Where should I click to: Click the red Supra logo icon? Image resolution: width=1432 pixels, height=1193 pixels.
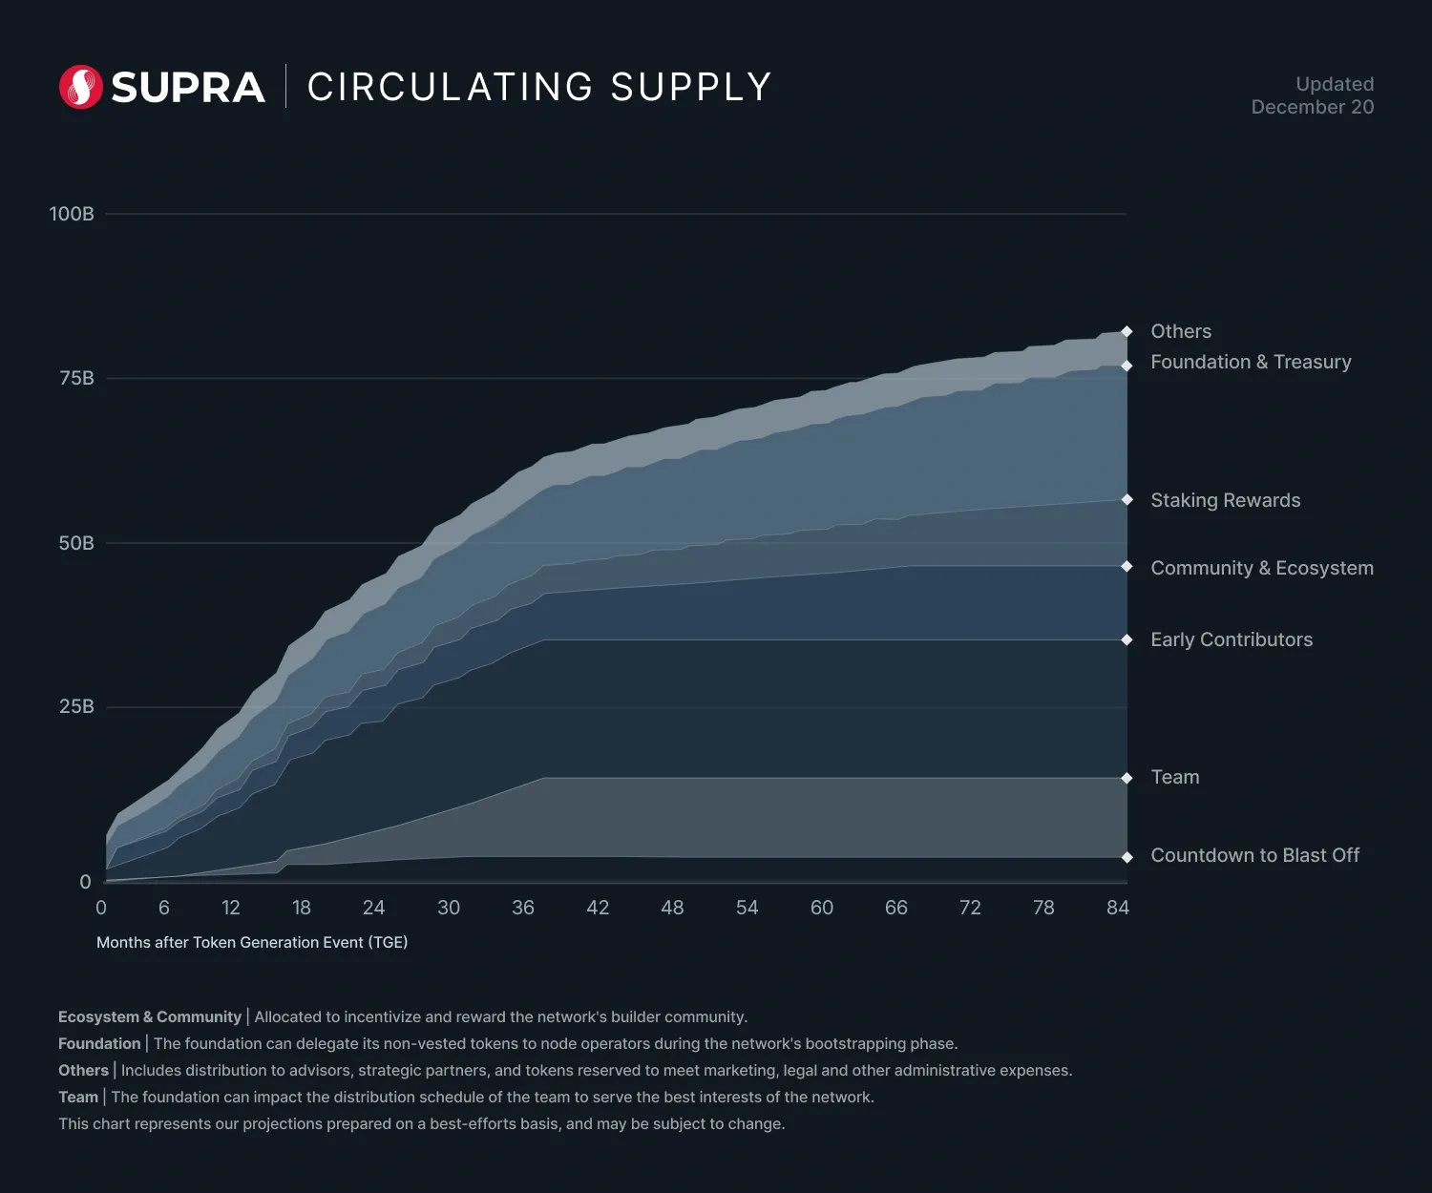(x=81, y=87)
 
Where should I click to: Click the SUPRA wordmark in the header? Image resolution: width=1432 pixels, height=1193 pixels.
(x=188, y=88)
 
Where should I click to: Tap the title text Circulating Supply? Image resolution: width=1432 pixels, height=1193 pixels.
(x=539, y=87)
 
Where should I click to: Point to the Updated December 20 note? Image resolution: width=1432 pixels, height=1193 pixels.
(x=1313, y=95)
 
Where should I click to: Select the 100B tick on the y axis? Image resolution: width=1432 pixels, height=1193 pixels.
(x=72, y=214)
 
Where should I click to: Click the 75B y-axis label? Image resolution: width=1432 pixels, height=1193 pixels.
(x=76, y=378)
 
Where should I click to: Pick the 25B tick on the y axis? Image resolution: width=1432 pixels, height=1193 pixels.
(x=76, y=706)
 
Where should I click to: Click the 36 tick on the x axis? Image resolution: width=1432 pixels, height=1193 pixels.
(x=523, y=908)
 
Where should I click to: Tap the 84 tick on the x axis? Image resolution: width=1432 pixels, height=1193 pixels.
(x=1118, y=908)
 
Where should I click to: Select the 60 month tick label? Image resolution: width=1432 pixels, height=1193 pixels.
(x=822, y=908)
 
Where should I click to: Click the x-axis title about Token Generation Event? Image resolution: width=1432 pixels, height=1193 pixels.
(x=252, y=942)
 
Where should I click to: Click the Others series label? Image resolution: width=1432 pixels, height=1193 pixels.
(x=1181, y=331)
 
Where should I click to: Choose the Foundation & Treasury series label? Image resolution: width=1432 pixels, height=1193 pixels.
(x=1251, y=362)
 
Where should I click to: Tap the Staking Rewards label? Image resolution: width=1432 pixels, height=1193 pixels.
(x=1226, y=500)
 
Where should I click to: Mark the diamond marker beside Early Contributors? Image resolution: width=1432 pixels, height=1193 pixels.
(x=1127, y=639)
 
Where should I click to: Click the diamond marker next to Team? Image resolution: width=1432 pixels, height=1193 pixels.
(x=1127, y=778)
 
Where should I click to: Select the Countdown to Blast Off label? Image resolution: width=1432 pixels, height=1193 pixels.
(x=1254, y=855)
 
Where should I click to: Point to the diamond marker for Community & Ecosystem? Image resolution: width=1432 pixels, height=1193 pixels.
(x=1127, y=567)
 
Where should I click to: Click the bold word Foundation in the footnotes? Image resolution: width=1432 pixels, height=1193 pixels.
(x=99, y=1043)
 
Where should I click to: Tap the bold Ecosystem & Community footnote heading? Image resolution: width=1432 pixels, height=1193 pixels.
(x=150, y=1016)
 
